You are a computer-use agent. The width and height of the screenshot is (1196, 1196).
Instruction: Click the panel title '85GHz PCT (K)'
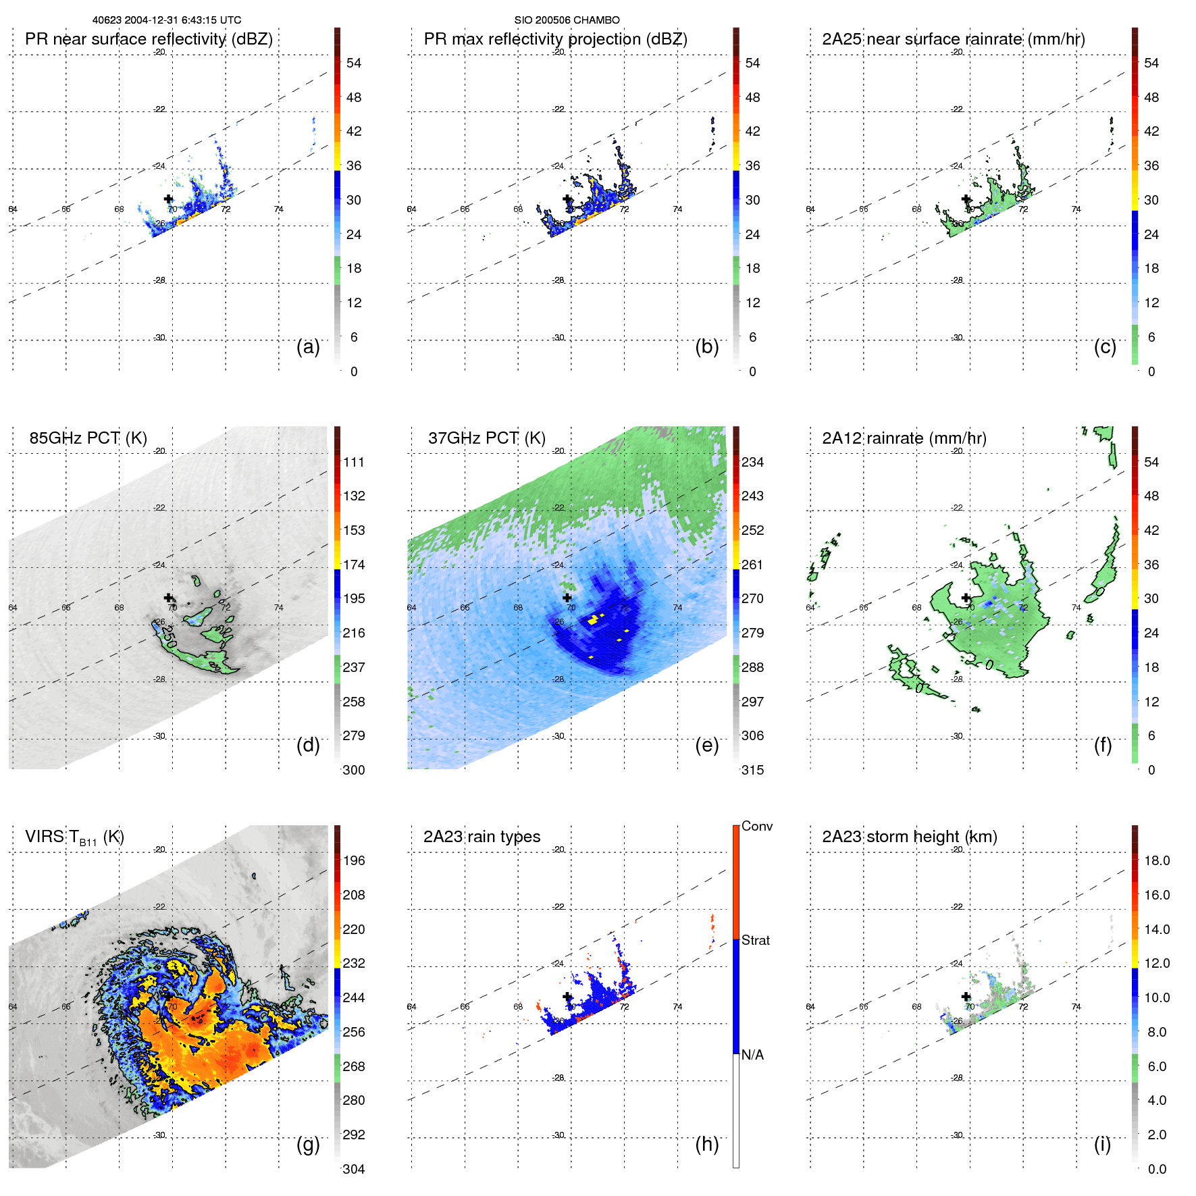click(x=88, y=438)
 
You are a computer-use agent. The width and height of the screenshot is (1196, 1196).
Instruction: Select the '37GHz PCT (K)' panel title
click(x=486, y=438)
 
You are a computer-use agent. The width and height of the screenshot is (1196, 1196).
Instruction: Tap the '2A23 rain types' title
click(x=482, y=837)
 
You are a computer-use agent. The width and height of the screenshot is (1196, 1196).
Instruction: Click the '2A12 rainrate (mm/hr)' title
click(x=904, y=438)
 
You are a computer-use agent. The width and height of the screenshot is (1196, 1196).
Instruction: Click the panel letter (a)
click(x=308, y=346)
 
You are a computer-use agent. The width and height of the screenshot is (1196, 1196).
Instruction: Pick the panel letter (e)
click(x=706, y=745)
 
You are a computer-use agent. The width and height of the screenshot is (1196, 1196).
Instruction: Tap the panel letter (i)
click(x=1102, y=1144)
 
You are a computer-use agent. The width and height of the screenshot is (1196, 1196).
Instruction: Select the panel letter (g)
click(x=308, y=1144)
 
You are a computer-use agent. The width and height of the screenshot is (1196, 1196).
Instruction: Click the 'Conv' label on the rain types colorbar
click(x=756, y=826)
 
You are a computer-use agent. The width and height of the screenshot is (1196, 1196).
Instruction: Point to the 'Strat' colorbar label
click(x=755, y=940)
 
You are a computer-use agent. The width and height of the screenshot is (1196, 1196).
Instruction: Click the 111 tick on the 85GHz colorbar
click(x=353, y=462)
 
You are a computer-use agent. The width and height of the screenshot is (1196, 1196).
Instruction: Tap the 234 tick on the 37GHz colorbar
click(x=752, y=462)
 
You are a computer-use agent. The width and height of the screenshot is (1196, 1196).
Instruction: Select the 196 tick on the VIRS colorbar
click(x=353, y=860)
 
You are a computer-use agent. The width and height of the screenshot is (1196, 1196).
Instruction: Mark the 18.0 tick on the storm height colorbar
click(x=1156, y=860)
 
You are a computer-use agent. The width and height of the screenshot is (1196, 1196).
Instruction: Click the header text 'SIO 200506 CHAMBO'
click(x=567, y=20)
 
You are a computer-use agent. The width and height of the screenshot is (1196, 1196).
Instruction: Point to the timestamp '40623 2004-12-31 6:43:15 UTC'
click(x=167, y=20)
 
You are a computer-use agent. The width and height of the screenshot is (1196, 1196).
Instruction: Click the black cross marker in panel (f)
click(x=966, y=598)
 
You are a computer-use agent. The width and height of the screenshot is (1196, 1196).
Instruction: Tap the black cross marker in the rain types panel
click(x=567, y=996)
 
